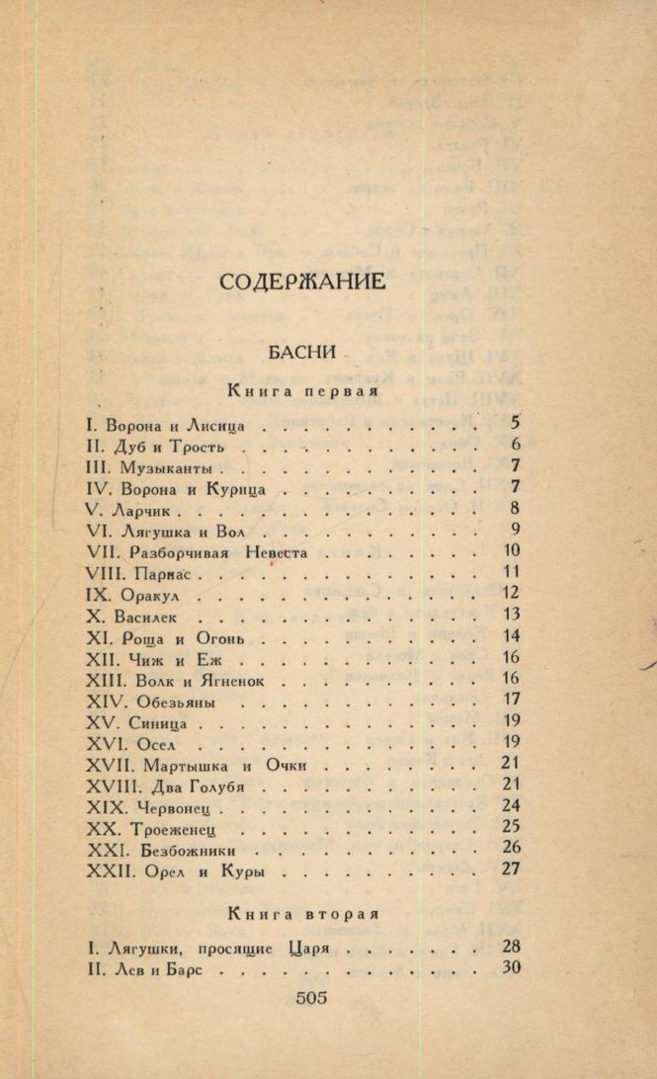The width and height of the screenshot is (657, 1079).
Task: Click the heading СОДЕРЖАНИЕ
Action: click(x=302, y=282)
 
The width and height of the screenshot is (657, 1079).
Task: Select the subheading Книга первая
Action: click(x=303, y=392)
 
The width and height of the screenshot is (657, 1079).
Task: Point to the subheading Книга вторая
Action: click(x=303, y=912)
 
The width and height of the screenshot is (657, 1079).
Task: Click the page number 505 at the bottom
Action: click(x=311, y=997)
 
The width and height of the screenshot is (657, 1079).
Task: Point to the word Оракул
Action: click(x=156, y=595)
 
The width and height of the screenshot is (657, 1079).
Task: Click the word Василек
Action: click(x=148, y=616)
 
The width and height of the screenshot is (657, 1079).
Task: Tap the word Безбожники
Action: click(x=182, y=850)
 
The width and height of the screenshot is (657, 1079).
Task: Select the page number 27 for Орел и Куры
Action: click(x=510, y=870)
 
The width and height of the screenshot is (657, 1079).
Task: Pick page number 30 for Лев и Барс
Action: click(x=510, y=967)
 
